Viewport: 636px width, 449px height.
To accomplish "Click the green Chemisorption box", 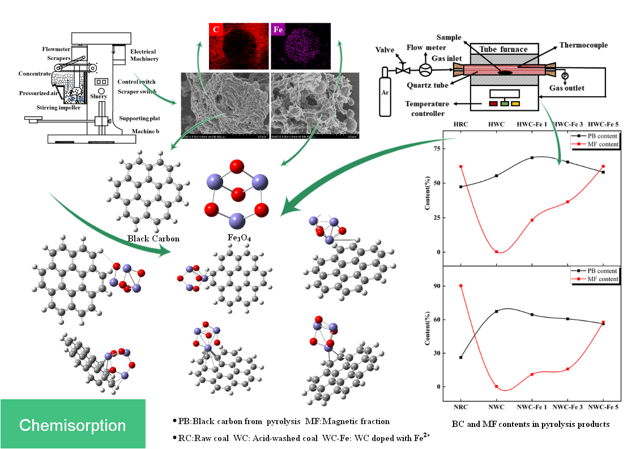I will tap(72, 424).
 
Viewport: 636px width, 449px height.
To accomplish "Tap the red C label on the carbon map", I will tap(216, 30).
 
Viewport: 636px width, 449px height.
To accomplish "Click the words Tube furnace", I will tap(503, 49).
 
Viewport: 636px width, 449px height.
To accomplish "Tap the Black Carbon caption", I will tap(153, 238).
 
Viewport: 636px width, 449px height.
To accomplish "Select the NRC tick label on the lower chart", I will tap(460, 407).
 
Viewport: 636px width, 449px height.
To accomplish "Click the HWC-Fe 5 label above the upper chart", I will tap(607, 124).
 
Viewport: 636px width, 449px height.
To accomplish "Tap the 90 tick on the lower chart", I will tap(436, 286).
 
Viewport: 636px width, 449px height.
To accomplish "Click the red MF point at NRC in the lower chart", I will tap(461, 286).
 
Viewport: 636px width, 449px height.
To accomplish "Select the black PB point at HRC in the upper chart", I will tap(461, 187).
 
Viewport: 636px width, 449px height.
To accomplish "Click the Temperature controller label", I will tap(428, 109).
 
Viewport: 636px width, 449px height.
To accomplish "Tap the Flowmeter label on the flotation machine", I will tap(56, 49).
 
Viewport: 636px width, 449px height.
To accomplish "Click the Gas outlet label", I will tap(566, 88).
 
